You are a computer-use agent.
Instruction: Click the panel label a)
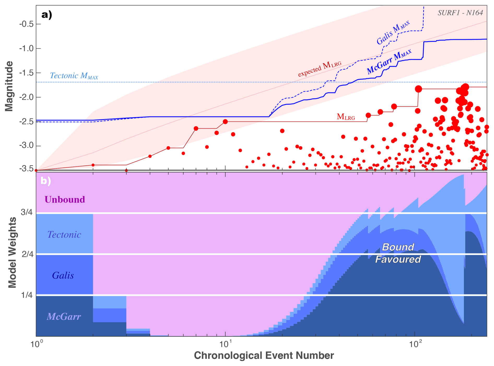(47, 15)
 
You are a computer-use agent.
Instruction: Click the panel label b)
(46, 181)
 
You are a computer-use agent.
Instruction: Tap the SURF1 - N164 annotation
(460, 13)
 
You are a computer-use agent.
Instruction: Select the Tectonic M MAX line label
(74, 76)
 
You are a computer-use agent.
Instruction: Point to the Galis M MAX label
(393, 33)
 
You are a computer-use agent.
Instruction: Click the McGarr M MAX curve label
(389, 62)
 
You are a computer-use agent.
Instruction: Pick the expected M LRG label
(320, 69)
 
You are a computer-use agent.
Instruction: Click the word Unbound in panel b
(65, 200)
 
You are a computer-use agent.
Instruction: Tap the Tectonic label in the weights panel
(64, 235)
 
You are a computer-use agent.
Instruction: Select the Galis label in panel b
(63, 275)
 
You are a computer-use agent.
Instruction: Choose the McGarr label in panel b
(64, 317)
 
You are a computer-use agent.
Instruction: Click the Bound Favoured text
(398, 253)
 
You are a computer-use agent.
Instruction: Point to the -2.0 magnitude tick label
(27, 97)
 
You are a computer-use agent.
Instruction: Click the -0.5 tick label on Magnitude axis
(27, 24)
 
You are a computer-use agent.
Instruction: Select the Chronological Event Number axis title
(264, 355)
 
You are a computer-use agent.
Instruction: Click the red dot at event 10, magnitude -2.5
(225, 122)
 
